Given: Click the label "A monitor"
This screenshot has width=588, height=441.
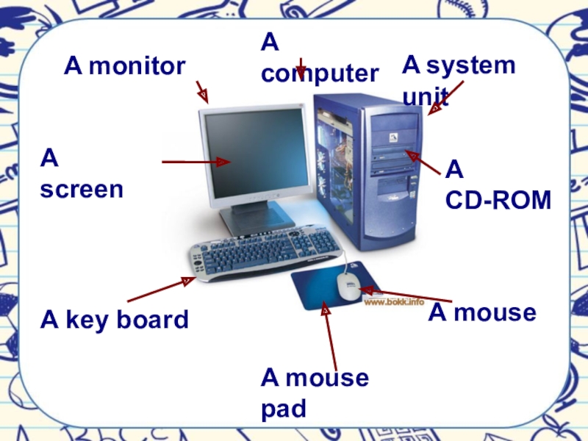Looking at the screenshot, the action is pos(124,67).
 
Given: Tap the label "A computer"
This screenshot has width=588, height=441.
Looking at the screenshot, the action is pos(319,59).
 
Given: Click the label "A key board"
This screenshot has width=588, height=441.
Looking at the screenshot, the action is pos(115,320).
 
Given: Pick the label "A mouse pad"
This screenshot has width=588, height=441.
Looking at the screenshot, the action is pos(314,393).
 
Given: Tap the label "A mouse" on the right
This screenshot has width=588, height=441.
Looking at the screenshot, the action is pos(482,313).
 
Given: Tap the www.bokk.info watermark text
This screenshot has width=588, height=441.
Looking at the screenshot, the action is pos(395,301).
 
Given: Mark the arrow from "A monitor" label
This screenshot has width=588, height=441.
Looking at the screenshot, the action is pos(202,92).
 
